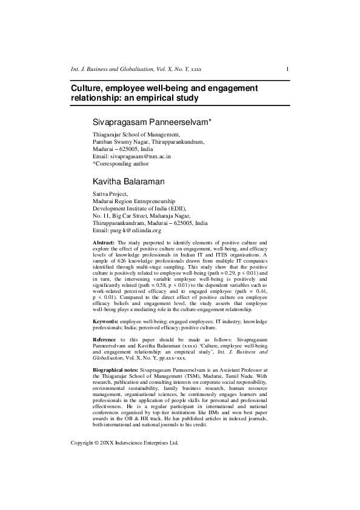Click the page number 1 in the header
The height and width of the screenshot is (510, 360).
(287, 70)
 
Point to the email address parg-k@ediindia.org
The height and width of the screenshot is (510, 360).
(137, 230)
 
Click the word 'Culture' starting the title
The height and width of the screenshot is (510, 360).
(87, 89)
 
